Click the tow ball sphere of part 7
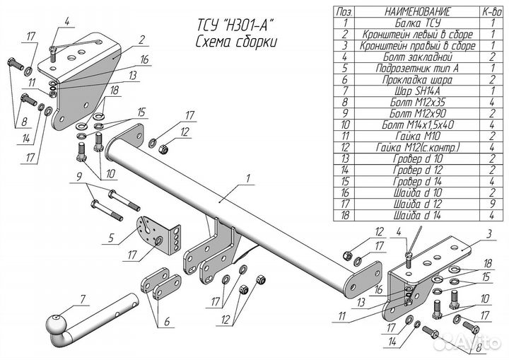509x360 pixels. point(56,325)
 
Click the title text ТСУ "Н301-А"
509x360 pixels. point(235,25)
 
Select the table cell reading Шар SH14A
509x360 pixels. point(418,91)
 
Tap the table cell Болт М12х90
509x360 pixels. point(418,113)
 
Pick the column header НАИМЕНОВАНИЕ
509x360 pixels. point(418,12)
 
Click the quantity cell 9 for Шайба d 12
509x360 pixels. point(493,204)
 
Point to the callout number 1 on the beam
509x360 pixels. point(248,178)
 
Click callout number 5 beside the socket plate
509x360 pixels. point(111,238)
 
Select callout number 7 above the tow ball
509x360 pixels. point(83,299)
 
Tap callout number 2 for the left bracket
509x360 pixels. point(141,40)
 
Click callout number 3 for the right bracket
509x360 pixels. point(489,233)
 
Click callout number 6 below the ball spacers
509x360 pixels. point(167,321)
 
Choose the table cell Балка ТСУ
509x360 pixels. point(418,23)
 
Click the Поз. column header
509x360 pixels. point(344,12)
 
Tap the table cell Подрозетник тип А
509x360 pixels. point(418,68)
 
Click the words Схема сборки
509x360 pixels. point(236,42)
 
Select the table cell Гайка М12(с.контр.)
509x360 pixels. point(418,148)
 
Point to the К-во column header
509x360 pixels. point(492,12)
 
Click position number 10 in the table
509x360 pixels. point(345,124)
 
